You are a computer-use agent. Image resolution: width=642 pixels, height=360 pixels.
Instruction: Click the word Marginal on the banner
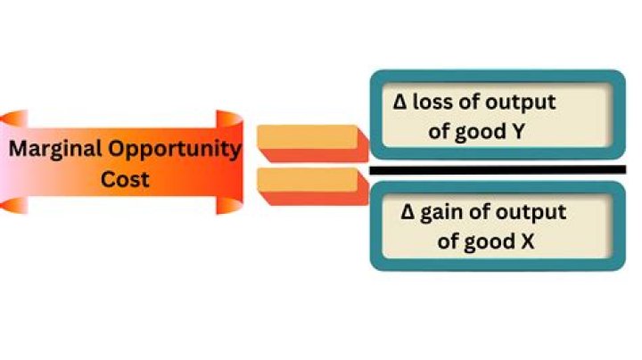55,150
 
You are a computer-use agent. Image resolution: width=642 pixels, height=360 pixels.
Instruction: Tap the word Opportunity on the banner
175,150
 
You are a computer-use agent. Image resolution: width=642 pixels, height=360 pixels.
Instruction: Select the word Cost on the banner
125,179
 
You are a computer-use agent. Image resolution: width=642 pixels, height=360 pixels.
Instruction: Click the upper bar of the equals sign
313,143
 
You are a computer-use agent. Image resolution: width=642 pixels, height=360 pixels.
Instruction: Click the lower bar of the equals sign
313,186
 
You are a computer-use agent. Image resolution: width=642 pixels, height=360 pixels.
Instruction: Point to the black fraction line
498,170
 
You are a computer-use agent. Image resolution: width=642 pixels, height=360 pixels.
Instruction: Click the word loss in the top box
432,102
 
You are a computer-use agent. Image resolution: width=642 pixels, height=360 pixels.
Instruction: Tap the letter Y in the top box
518,132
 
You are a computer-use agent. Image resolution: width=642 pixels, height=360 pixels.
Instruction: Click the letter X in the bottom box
528,241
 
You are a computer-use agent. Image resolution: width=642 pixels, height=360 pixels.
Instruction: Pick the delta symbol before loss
399,102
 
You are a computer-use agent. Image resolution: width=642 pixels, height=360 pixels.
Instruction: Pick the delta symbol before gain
407,212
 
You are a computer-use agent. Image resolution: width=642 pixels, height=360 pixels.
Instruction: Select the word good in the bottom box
490,242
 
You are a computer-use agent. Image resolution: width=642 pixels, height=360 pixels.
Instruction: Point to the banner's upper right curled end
230,119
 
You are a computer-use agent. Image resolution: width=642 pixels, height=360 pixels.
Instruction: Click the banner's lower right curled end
229,205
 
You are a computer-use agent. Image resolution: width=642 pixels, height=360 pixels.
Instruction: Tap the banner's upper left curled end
15,119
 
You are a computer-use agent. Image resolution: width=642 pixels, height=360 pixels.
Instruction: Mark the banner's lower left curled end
15,205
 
